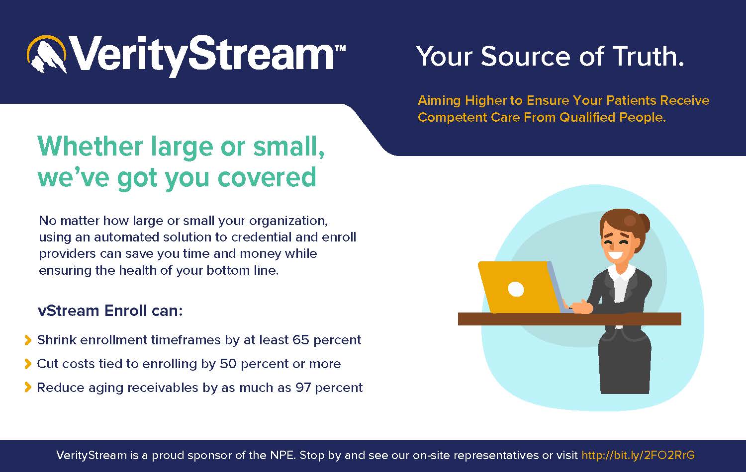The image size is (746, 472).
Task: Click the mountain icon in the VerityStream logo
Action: (x=47, y=54)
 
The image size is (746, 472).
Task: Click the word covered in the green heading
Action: (x=267, y=177)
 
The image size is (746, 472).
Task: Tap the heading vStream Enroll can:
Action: (x=110, y=311)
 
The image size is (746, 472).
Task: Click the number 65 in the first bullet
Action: (x=301, y=340)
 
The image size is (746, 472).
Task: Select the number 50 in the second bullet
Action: (x=228, y=364)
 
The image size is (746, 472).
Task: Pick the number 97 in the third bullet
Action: (x=303, y=388)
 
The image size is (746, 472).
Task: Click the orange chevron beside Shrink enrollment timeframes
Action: (x=28, y=340)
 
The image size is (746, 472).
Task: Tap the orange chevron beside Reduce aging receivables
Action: (x=28, y=388)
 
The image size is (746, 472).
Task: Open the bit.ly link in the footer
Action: (x=638, y=455)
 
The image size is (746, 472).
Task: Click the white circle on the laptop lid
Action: (x=516, y=289)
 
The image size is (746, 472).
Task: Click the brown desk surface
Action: (x=569, y=318)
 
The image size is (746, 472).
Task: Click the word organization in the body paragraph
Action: (x=288, y=221)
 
